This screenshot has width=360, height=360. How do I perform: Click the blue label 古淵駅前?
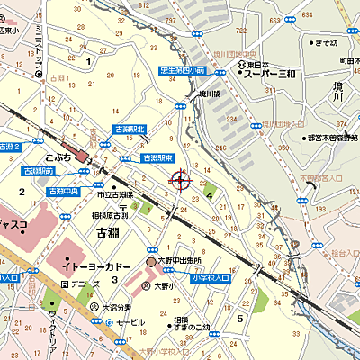click(x=37, y=170)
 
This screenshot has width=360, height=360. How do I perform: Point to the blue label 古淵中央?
click(x=65, y=192)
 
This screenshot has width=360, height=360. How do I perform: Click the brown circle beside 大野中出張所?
click(x=151, y=262)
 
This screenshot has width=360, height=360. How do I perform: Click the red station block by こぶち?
click(x=82, y=156)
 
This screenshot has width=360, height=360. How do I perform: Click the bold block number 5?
click(x=240, y=317)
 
